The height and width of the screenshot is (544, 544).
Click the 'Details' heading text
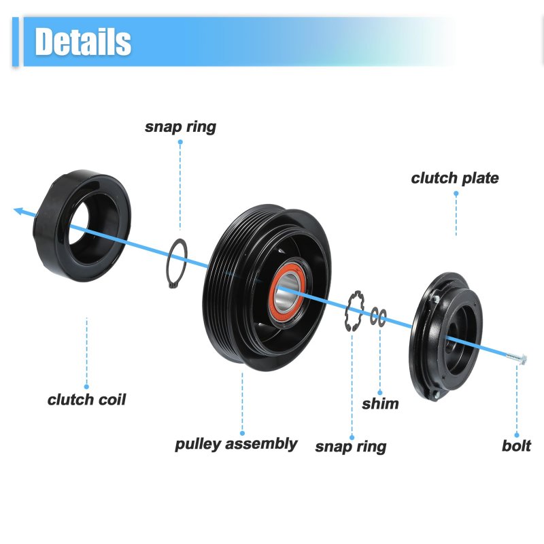83,41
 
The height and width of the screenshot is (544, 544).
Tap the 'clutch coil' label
86,400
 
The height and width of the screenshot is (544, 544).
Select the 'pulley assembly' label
236,444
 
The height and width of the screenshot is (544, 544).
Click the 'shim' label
380,404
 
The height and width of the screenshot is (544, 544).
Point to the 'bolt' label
516,446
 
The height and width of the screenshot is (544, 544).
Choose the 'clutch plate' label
455,178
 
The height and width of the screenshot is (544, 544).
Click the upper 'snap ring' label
180,127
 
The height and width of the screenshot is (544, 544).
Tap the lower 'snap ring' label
351,447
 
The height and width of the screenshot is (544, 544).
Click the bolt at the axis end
516,358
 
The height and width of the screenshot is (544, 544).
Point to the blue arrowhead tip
14,209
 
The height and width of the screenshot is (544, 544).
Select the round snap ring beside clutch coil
177,263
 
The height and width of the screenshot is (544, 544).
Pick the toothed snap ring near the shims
354,311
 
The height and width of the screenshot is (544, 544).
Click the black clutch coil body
82,226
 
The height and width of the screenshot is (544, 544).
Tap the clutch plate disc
446,337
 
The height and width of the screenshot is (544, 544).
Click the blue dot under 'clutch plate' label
456,194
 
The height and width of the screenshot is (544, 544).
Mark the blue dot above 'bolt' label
517,435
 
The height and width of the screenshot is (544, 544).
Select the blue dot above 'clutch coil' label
86,387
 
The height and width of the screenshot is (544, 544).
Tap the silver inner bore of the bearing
287,292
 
